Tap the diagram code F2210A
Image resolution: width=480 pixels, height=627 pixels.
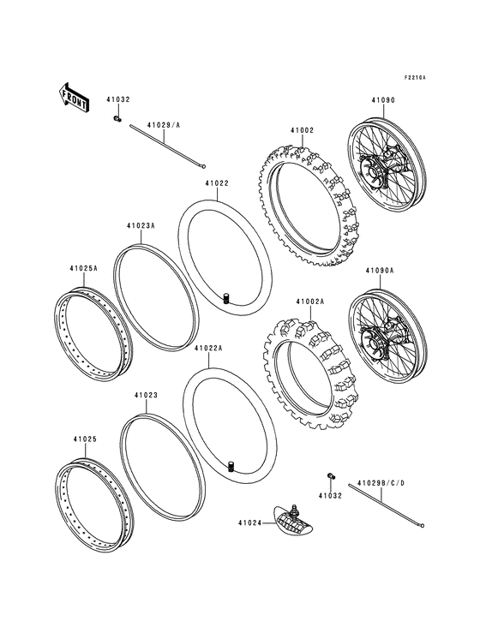point(415,78)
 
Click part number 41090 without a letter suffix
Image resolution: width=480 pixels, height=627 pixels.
point(383,100)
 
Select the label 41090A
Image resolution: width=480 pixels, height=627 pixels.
point(380,271)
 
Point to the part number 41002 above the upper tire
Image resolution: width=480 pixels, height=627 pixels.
point(302,130)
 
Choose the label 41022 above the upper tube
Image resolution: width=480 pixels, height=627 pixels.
point(216,182)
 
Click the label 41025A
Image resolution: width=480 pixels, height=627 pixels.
point(83,268)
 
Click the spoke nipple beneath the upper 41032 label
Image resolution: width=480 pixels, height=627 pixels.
point(117,117)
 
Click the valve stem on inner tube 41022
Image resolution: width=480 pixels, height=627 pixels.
point(228,298)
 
